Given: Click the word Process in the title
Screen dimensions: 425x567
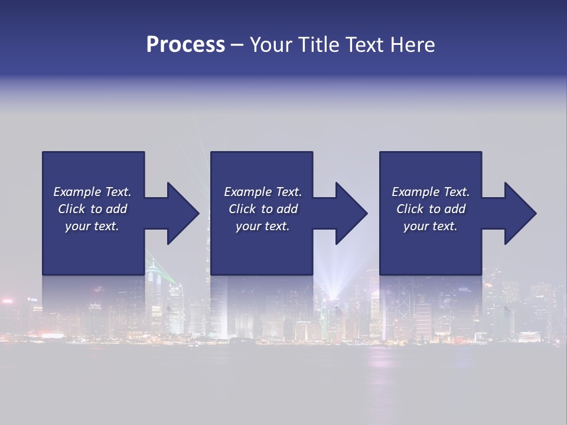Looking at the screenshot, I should [185, 45].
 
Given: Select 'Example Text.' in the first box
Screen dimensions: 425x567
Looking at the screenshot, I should [92, 192].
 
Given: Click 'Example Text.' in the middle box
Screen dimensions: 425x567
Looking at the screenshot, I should [263, 192].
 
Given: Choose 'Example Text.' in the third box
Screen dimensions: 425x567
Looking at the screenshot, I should [431, 192].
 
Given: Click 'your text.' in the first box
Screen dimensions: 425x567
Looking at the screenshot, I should [92, 226].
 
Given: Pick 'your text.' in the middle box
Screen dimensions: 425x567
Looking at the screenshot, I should [263, 226].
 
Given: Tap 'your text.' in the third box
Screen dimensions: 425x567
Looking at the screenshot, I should [431, 226].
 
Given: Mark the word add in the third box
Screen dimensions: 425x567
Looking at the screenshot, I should [454, 209].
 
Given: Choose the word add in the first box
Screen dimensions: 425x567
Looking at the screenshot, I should [116, 209].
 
